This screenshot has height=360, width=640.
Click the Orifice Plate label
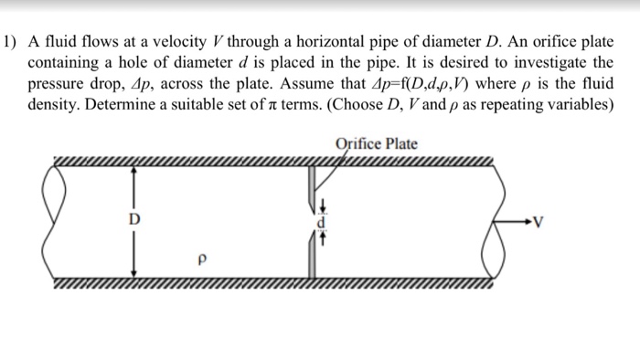click(x=376, y=143)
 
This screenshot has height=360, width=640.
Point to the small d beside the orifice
click(x=321, y=222)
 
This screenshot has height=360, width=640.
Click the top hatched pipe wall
click(x=274, y=164)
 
